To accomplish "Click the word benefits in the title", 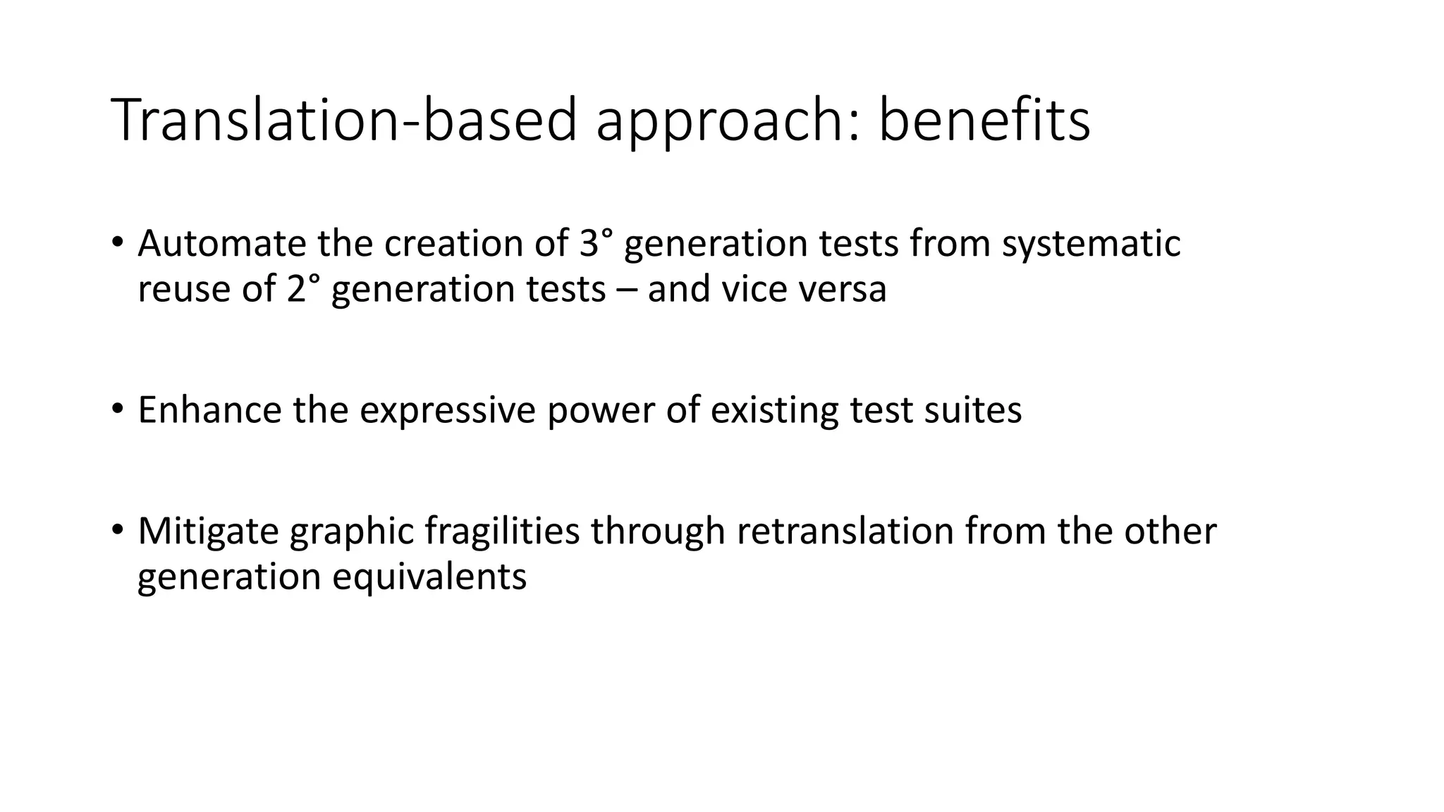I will coord(984,120).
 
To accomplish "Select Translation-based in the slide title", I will coord(344,120).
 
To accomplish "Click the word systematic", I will coord(1091,245).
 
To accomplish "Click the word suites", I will coord(972,410).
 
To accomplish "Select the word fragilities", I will coord(502,531).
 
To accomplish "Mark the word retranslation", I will coord(845,531).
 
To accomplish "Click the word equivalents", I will coord(429,577).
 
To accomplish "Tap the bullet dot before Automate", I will coord(117,242).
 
